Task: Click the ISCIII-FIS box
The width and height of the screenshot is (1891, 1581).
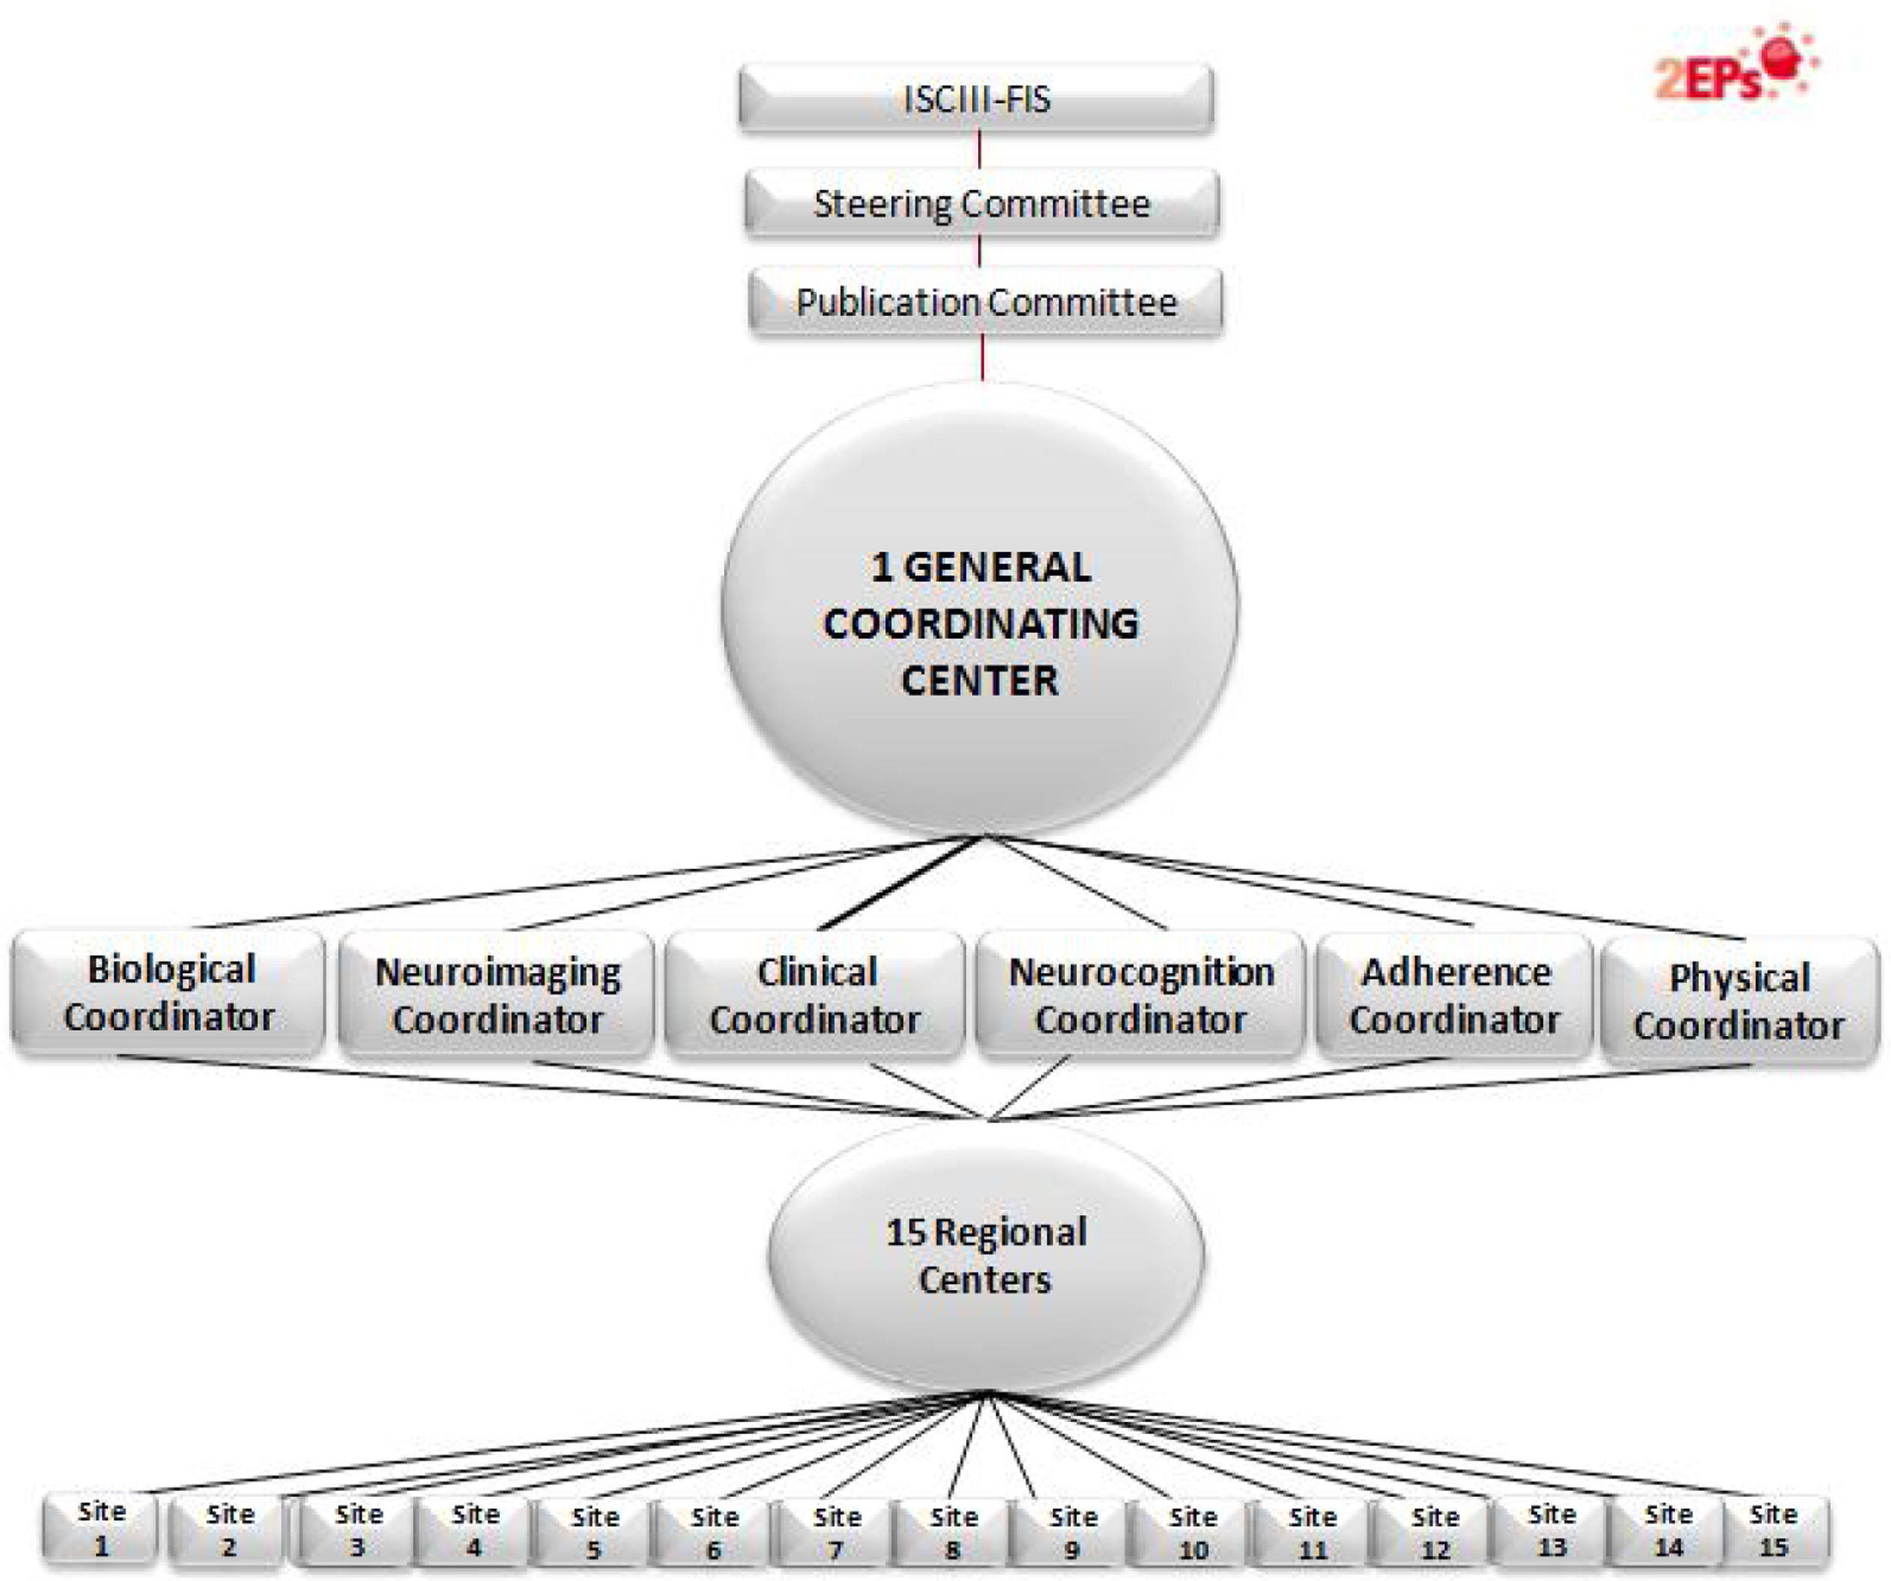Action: tap(976, 98)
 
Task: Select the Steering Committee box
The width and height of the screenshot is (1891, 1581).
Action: tap(982, 203)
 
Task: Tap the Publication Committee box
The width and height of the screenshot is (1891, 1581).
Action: tap(985, 302)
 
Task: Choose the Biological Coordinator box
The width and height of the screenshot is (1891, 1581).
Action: tap(169, 993)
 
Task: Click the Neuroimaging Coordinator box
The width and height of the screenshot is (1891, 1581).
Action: tap(497, 995)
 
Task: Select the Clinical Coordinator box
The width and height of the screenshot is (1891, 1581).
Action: tap(815, 995)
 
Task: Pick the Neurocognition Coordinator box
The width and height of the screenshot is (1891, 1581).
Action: tap(1141, 995)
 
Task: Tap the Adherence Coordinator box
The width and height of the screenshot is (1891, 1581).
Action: tap(1455, 995)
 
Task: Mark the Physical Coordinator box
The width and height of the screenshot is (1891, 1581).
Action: tap(1739, 1000)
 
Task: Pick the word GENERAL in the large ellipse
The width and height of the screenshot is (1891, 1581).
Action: tap(997, 568)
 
